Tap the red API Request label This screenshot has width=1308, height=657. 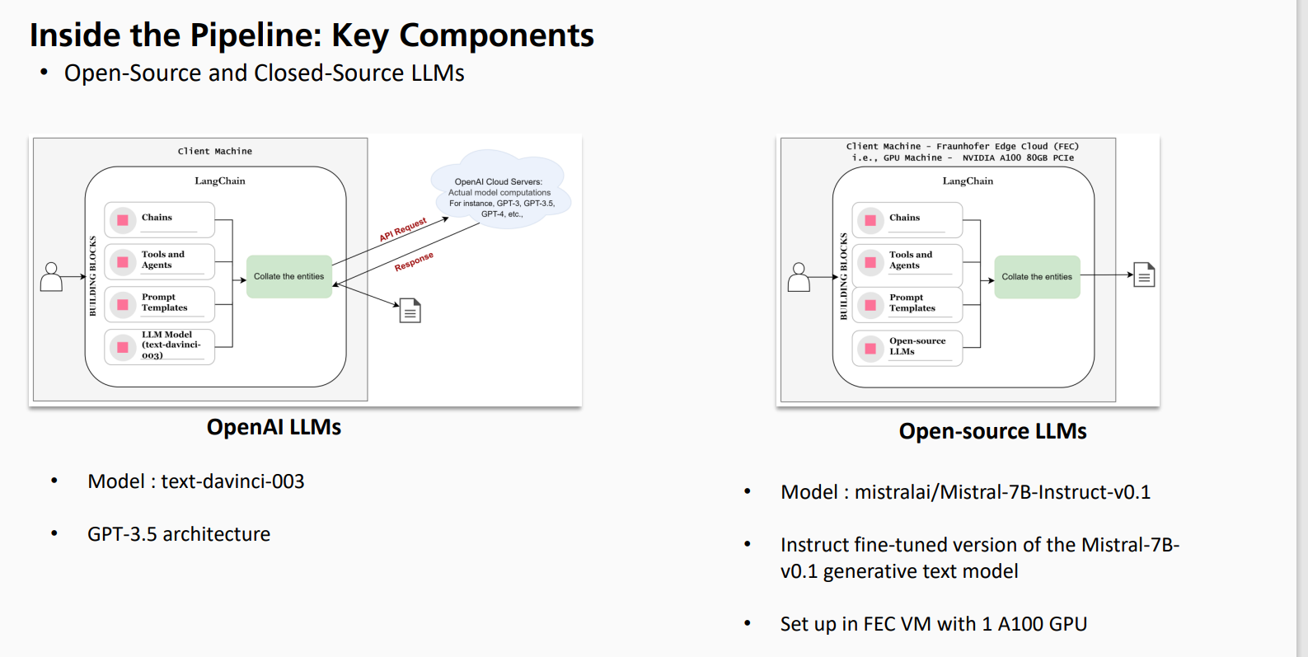pos(403,229)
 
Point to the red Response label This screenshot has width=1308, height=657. pos(414,261)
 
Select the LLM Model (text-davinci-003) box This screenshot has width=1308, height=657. pos(160,346)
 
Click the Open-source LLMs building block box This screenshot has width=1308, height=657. pos(907,347)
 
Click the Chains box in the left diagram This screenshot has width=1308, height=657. pos(160,219)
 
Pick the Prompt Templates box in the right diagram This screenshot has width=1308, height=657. pos(907,303)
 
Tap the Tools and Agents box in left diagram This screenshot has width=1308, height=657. pos(160,260)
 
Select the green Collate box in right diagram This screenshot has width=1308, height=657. pos(1037,277)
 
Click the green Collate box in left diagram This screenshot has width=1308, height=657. pos(289,277)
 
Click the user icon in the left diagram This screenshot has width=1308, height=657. pos(51,277)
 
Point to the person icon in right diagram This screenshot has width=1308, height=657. pos(799,277)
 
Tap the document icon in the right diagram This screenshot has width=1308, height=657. pos(1144,275)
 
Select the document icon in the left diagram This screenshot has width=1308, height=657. pos(410,311)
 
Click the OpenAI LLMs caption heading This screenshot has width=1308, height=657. pos(274,427)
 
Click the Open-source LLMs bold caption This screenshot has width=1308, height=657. pos(992,431)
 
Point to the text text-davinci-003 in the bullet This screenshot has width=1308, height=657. pos(232,481)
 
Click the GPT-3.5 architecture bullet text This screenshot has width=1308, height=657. pos(179,534)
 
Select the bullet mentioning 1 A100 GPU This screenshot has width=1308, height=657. pos(933,624)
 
